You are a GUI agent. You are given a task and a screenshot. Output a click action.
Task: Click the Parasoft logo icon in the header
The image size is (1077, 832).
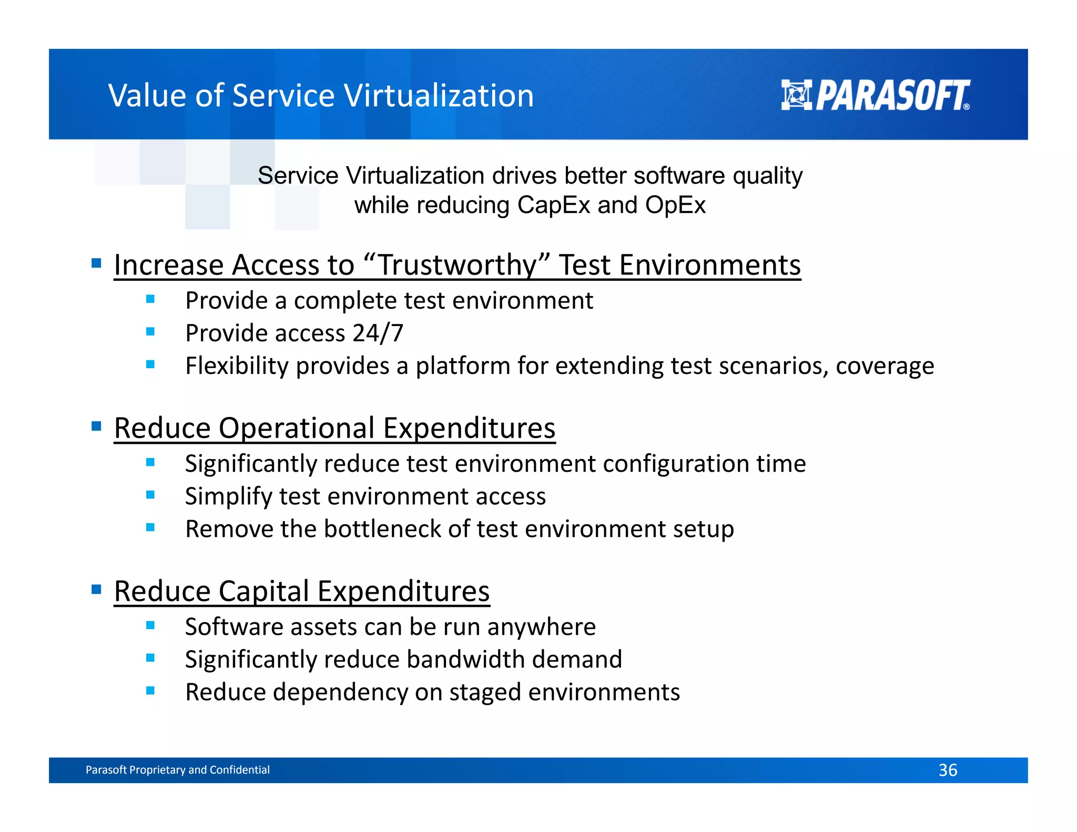796,95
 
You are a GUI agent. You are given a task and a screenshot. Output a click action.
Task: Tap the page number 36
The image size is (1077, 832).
948,770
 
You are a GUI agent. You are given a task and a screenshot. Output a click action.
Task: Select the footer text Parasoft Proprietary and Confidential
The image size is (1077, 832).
177,770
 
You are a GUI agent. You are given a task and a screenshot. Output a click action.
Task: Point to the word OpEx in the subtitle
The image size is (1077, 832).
675,205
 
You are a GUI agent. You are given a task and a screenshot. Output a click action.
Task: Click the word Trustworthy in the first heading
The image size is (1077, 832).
456,265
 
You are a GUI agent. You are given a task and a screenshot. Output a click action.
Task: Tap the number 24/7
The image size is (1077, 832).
378,333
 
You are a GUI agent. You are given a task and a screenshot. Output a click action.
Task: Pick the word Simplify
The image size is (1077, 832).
228,497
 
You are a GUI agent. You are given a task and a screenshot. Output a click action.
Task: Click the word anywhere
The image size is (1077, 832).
541,627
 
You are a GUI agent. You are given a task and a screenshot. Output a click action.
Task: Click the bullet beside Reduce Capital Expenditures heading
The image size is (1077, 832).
96,589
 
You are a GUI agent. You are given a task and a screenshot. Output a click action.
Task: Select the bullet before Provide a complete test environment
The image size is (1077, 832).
150,299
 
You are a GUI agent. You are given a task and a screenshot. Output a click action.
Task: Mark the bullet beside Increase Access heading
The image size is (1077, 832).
96,263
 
